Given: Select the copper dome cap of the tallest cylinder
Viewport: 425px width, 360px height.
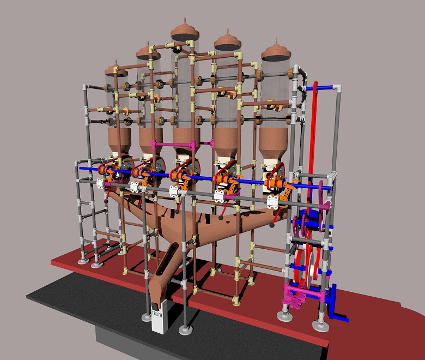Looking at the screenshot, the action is click(185, 29).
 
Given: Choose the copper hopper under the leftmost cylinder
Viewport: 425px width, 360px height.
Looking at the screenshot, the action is click(119, 141).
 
